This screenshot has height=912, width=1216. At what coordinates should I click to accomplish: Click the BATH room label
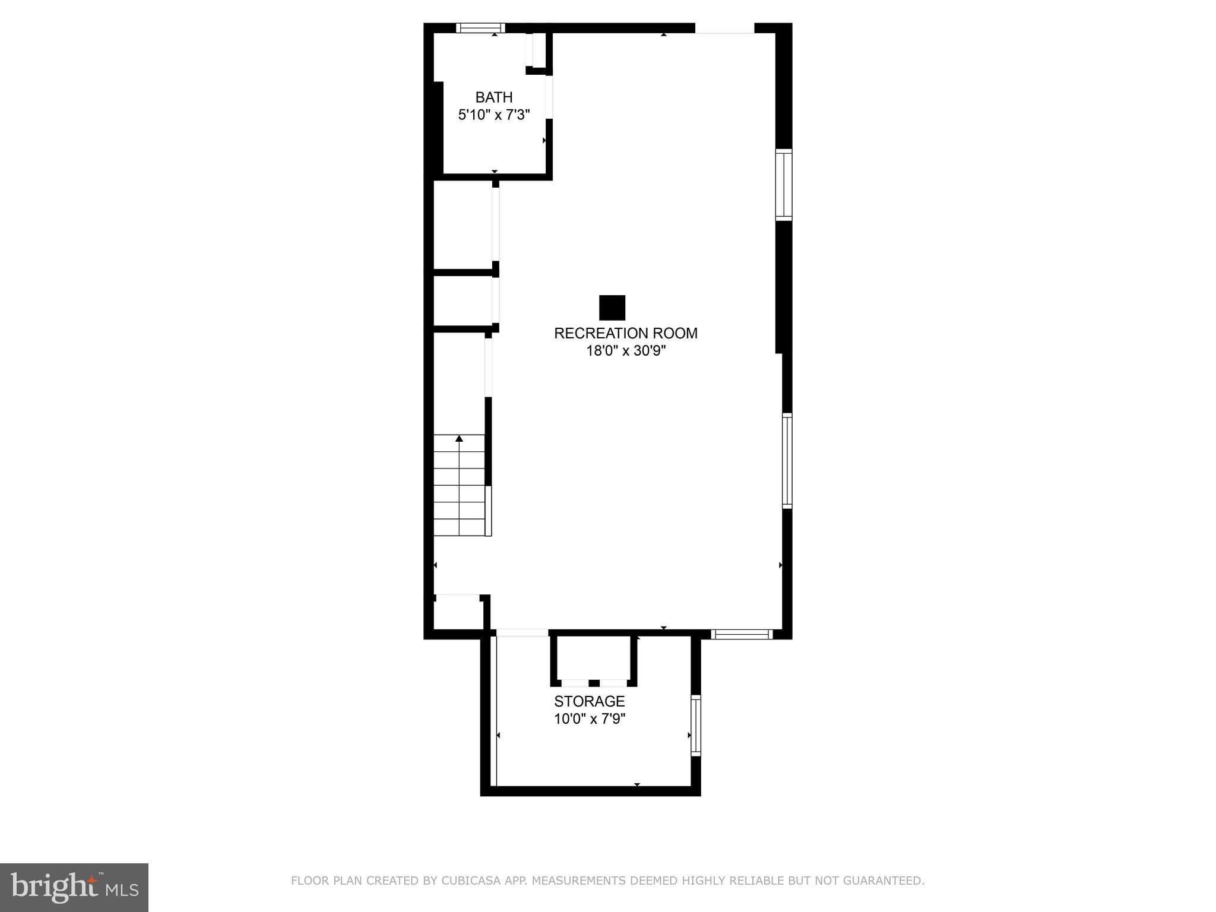493,97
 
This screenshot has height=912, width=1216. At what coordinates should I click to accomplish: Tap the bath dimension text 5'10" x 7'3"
493,115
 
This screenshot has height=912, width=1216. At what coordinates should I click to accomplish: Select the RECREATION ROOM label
625,333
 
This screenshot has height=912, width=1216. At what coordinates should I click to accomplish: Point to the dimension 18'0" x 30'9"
626,351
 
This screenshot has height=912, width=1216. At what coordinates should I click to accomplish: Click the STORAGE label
589,701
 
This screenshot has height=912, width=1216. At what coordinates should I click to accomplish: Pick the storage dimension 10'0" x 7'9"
590,719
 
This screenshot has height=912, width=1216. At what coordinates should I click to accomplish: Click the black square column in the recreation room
612,308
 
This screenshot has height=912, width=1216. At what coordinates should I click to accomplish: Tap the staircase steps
459,487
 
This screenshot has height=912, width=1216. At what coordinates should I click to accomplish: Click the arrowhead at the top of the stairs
459,439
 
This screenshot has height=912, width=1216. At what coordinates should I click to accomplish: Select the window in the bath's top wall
480,27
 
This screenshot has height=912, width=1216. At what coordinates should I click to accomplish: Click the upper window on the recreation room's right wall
784,185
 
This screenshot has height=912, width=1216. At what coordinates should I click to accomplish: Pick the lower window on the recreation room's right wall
787,461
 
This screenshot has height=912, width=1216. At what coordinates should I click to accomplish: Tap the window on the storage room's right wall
696,725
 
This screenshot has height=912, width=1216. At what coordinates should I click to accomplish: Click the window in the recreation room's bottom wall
742,634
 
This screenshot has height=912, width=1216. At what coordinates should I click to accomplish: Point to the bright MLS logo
74,887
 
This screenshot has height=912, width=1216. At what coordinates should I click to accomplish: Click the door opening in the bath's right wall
549,97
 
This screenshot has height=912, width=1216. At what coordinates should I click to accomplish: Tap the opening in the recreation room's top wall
724,28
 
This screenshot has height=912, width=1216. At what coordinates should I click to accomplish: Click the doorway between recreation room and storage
522,633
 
